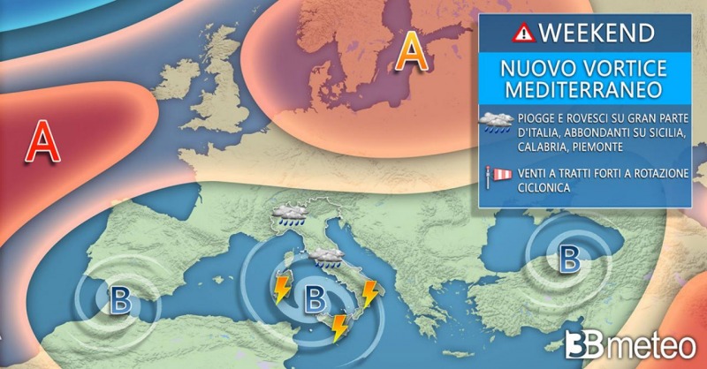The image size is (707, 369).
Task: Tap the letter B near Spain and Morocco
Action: coord(119,300)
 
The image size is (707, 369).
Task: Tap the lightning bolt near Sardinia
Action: coord(283,289)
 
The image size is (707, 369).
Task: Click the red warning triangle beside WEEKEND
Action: coord(524,33)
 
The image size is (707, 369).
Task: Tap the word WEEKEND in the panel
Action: coord(597,33)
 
